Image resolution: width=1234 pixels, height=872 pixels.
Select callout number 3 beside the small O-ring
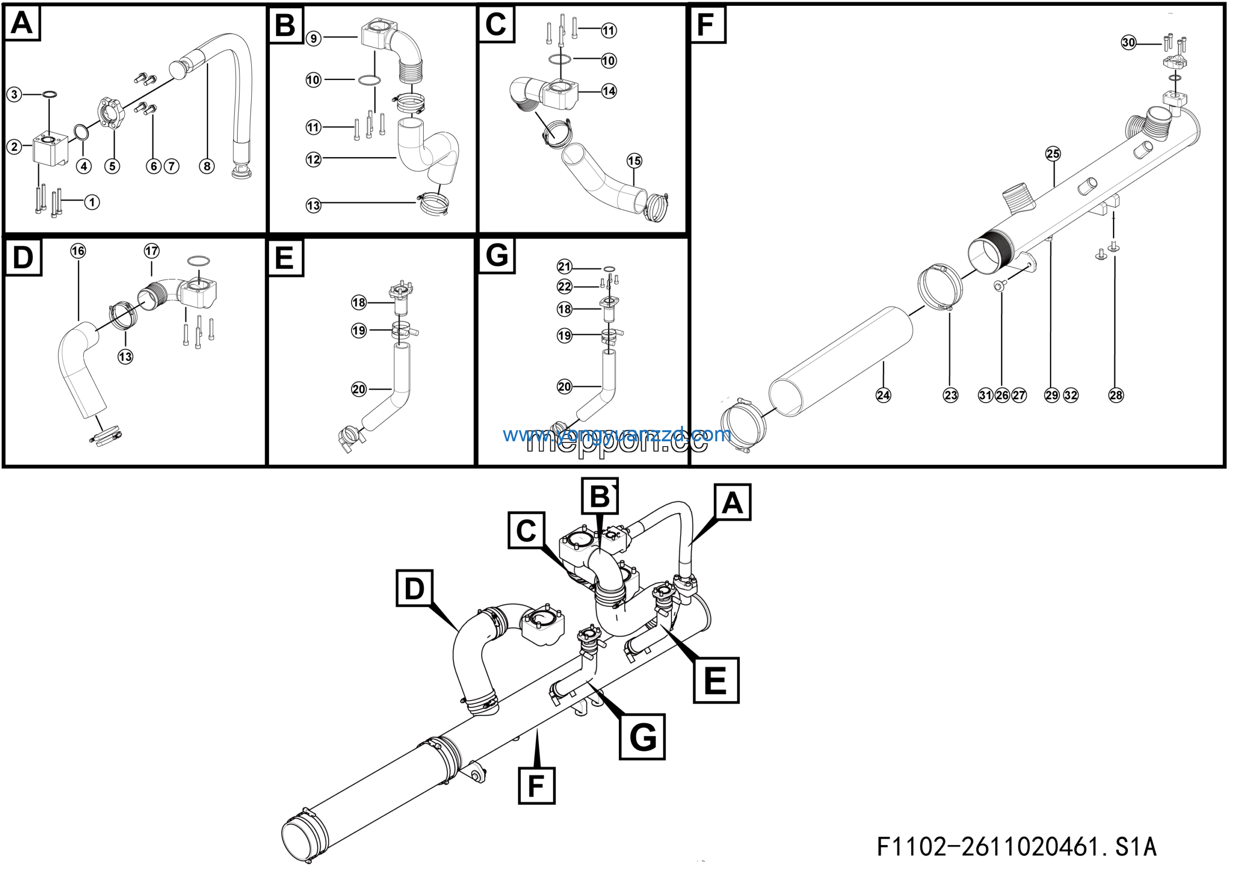pyautogui.click(x=14, y=95)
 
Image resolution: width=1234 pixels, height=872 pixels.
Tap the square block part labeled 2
pyautogui.click(x=50, y=150)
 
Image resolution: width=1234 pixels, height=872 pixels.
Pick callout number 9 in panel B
pyautogui.click(x=314, y=38)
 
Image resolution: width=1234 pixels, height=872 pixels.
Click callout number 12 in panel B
pyautogui.click(x=314, y=160)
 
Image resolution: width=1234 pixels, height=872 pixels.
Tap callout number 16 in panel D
pyautogui.click(x=79, y=251)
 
